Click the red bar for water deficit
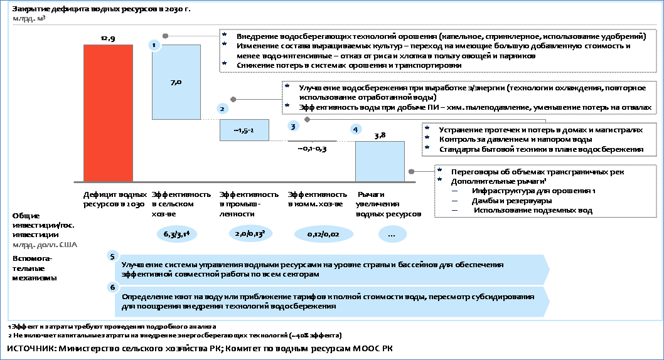[x=108, y=114]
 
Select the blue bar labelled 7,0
[x=176, y=82]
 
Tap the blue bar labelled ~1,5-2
[x=244, y=130]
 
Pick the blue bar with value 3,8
[x=380, y=162]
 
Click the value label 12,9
[x=108, y=38]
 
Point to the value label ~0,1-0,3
[x=312, y=149]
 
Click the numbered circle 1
[x=154, y=45]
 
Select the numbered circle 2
[x=222, y=109]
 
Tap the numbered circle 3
[x=293, y=125]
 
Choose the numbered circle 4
[x=355, y=129]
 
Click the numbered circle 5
[x=112, y=257]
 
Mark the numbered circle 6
[x=112, y=288]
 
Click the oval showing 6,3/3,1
[x=176, y=234]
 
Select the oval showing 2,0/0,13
[x=250, y=233]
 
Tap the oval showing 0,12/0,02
[x=323, y=234]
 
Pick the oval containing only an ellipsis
[x=392, y=234]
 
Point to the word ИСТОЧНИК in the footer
[x=31, y=349]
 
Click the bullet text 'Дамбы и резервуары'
[x=511, y=201]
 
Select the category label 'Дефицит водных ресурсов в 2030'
[x=115, y=199]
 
